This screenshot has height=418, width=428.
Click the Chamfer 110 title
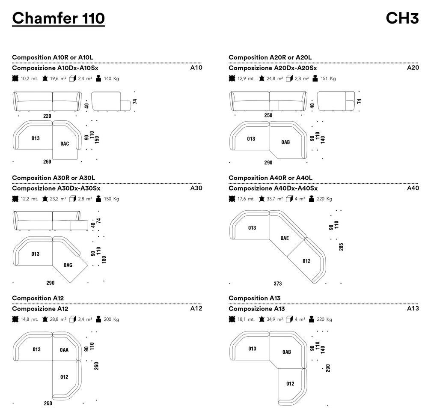click(58, 18)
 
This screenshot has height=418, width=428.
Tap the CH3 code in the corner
click(402, 18)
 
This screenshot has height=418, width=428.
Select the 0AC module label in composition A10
click(65, 144)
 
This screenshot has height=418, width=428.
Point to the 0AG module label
click(68, 265)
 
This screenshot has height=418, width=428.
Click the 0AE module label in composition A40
click(285, 238)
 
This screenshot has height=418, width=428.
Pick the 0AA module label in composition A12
click(64, 350)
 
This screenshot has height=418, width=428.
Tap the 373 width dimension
click(278, 284)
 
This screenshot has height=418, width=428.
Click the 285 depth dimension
click(341, 247)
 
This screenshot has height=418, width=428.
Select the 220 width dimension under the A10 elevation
click(47, 116)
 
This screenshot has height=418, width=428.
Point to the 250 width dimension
click(268, 115)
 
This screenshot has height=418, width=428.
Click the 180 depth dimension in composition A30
click(104, 260)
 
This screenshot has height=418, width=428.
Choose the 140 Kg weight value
click(111, 79)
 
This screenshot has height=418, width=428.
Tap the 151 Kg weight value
click(328, 79)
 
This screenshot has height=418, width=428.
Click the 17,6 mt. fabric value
click(246, 199)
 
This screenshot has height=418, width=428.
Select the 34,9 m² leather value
click(275, 319)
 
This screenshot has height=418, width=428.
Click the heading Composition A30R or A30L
click(53, 178)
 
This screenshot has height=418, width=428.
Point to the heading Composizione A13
click(256, 309)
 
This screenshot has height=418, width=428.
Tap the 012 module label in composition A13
click(290, 384)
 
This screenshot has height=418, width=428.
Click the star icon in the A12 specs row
click(45, 319)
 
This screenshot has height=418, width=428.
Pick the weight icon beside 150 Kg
click(98, 199)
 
